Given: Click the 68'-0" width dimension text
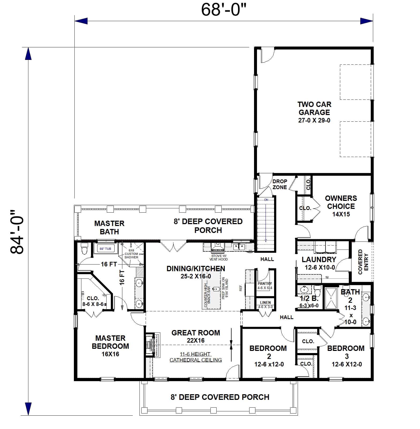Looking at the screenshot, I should (223, 10).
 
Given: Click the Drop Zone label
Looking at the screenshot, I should (280, 184).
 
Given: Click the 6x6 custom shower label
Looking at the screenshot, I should (131, 254).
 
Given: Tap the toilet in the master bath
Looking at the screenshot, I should (84, 249).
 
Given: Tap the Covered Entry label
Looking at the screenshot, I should (363, 262).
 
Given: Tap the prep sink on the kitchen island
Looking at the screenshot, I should (215, 289).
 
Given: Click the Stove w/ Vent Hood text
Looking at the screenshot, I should (218, 258).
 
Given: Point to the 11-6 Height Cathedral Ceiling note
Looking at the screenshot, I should (195, 357).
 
